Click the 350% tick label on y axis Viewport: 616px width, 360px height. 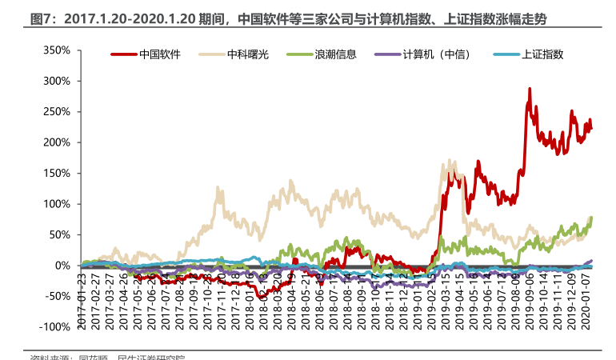[57, 50]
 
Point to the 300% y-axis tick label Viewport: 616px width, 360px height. [57, 81]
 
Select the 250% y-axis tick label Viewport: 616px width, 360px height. [57, 112]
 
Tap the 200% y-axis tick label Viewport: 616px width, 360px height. [57, 142]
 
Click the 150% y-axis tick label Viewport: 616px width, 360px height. [57, 173]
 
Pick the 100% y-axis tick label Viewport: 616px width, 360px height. [57, 204]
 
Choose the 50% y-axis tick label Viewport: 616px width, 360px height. [60, 234]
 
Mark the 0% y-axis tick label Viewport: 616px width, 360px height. [63, 266]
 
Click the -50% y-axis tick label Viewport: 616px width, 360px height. [58, 296]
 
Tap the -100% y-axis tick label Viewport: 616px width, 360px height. [55, 326]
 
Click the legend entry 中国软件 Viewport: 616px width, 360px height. [160, 54]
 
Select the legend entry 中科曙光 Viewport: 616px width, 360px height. [248, 54]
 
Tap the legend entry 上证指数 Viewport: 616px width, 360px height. [542, 54]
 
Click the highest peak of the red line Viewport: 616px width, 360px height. [530, 89]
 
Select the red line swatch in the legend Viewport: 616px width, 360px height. [122, 54]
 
